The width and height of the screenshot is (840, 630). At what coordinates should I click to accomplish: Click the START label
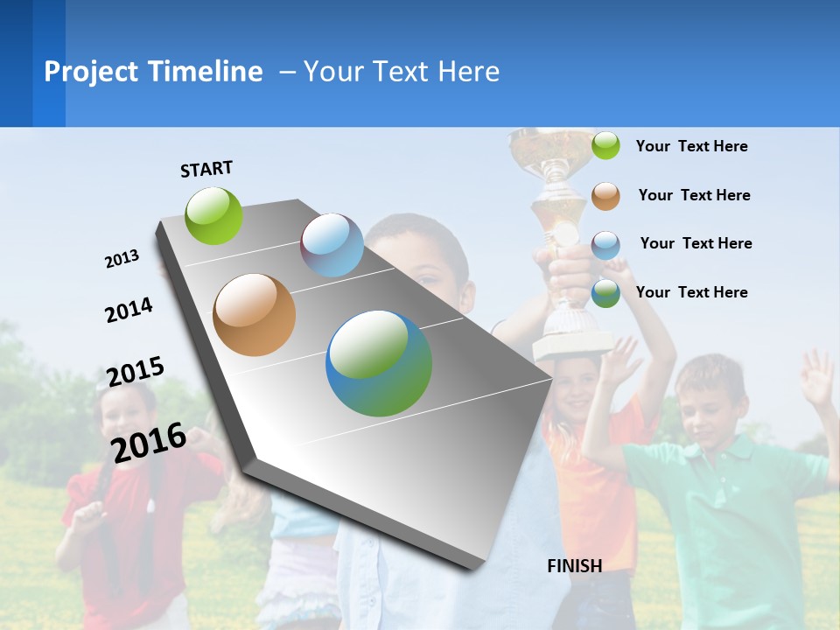pos(206,168)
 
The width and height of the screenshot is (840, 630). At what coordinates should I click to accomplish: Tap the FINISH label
pos(574,566)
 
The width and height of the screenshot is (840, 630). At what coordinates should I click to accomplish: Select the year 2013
pos(122,259)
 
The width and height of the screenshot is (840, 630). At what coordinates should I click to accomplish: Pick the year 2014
pos(129,310)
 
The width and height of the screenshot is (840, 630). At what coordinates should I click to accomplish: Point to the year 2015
pos(136,371)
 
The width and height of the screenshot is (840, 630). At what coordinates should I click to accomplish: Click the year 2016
pos(149,442)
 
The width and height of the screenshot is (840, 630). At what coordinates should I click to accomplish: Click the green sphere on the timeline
pos(214,215)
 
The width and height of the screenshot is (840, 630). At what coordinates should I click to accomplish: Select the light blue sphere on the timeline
pos(332,245)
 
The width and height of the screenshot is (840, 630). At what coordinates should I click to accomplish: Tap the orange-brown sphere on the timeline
pos(255,315)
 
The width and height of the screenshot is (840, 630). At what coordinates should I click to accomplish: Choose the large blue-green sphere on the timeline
pos(379,363)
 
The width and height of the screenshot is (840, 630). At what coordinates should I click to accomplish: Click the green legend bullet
pos(605,145)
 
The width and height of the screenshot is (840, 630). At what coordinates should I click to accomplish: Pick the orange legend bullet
pos(605,195)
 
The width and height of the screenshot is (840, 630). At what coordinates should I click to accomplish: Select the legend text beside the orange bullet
pos(694,195)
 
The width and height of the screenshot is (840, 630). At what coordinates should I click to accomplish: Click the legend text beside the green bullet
pos(691,146)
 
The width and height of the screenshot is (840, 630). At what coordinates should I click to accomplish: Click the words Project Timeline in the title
pos(153,72)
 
